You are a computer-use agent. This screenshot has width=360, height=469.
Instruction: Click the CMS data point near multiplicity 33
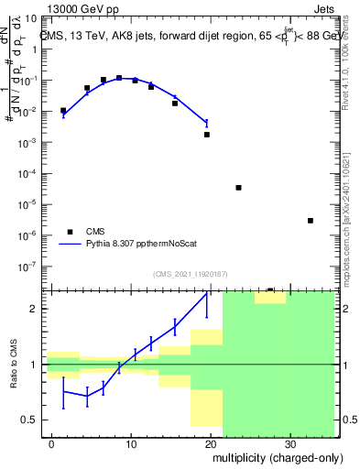tap(311, 221)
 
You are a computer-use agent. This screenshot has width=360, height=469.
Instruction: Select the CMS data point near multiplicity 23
tap(238, 188)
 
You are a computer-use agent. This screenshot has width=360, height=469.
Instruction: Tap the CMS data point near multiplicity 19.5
tap(207, 135)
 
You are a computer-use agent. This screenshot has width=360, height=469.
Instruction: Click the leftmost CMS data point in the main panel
tap(63, 111)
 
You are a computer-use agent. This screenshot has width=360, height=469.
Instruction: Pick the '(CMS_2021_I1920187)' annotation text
tap(189, 274)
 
